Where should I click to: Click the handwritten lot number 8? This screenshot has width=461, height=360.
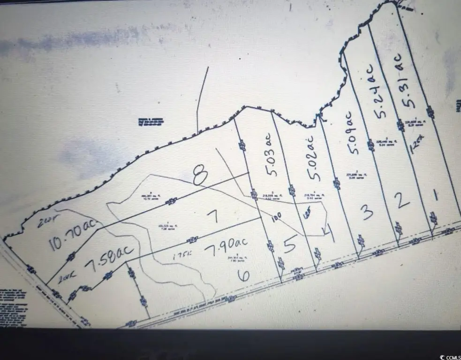[201, 177]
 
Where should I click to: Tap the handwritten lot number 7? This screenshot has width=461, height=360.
[213, 216]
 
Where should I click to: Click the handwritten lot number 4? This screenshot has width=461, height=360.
[328, 232]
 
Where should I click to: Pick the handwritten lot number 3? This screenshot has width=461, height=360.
[367, 212]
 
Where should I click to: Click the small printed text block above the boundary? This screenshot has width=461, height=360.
[147, 122]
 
